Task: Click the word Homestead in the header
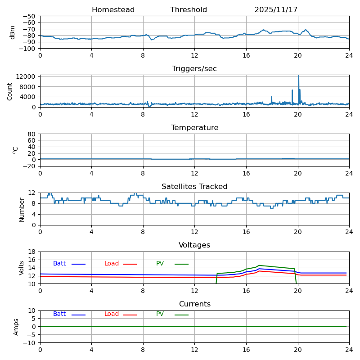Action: (113, 10)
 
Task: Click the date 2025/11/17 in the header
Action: (276, 10)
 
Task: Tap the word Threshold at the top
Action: (189, 10)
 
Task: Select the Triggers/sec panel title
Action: (194, 69)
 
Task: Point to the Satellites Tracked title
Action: (194, 187)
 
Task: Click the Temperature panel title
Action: (194, 128)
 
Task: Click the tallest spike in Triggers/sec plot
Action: (298, 76)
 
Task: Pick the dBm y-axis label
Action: (13, 32)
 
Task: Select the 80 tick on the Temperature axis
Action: (32, 134)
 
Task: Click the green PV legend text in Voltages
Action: (160, 264)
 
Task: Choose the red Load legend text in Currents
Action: (112, 314)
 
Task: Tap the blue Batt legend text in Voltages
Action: (59, 264)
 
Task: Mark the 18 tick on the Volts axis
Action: (32, 252)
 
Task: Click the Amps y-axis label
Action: (17, 327)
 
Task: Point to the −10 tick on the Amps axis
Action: (29, 343)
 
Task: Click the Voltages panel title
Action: (194, 245)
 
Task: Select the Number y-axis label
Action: (22, 209)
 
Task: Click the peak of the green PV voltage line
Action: (259, 265)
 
